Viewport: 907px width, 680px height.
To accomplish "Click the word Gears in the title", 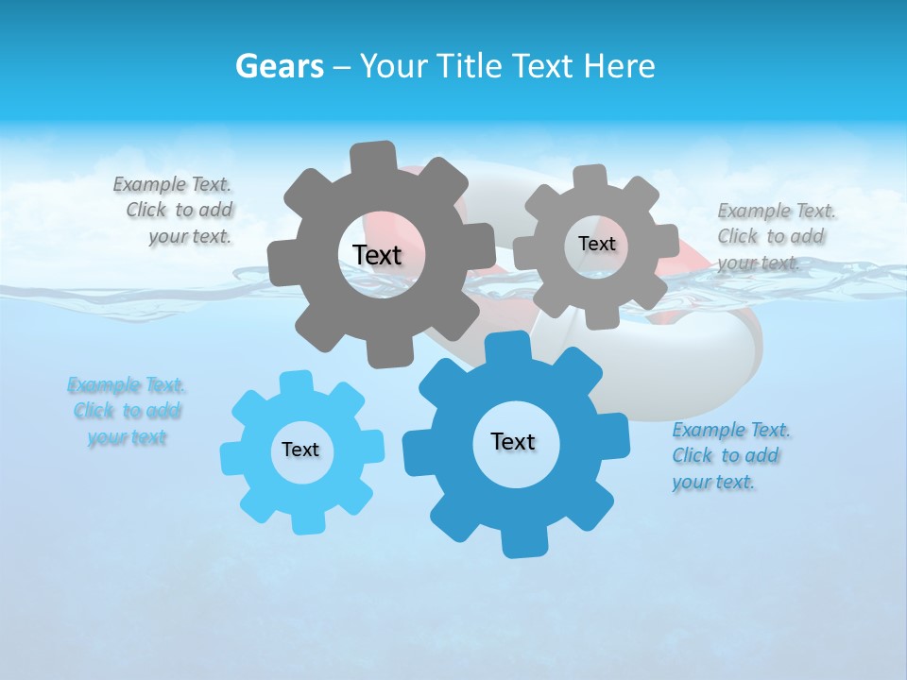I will point(279,67).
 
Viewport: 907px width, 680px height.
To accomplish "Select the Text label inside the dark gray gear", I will point(377,255).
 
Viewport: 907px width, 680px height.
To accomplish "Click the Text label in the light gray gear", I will point(596,244).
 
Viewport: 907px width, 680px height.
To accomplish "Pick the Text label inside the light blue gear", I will point(300,450).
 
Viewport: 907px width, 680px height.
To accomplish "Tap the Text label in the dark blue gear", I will point(513,441).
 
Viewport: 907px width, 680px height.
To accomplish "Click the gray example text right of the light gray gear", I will point(775,236).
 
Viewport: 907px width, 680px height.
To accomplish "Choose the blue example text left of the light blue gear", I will point(127,411).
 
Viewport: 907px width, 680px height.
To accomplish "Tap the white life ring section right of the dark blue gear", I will point(699,368).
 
